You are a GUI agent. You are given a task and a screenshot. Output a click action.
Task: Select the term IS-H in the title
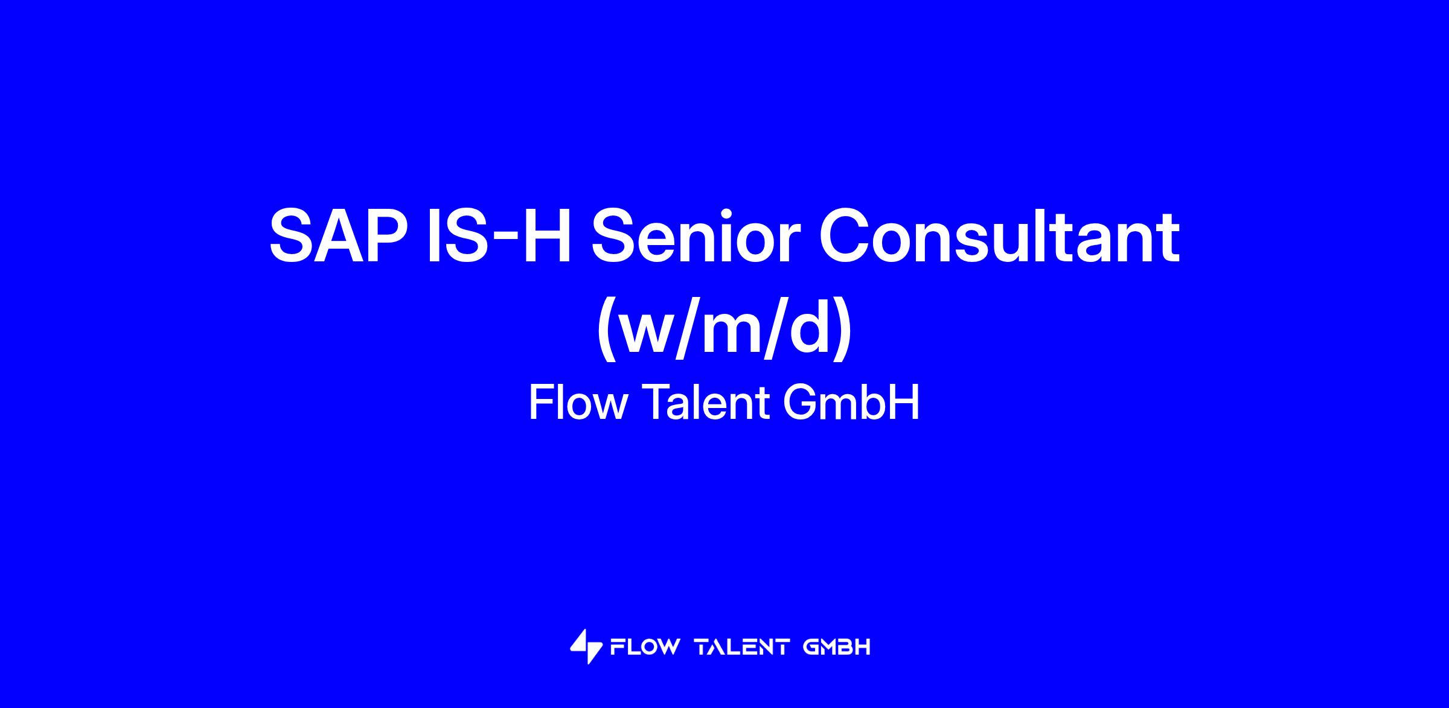coord(499,236)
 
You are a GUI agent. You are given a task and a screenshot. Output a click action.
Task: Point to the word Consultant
coord(999,236)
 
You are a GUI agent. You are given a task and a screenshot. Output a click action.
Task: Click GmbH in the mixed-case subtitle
coord(852,403)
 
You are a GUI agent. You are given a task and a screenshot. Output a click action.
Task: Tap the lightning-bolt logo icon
coord(586,646)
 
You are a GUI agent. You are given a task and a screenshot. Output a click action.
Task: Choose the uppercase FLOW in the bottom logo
coord(644,648)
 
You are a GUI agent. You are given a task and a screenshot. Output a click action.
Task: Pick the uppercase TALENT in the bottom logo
coord(742,648)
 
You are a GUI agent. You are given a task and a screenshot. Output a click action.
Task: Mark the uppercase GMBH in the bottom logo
coord(837,648)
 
